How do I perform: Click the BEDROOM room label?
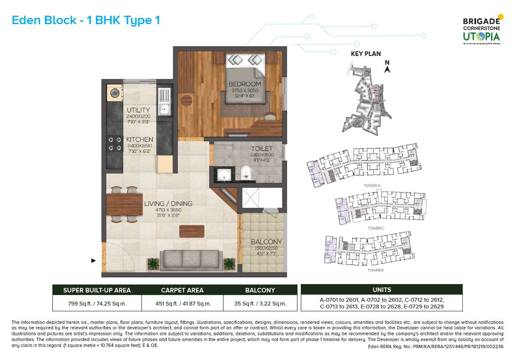coord(245,84)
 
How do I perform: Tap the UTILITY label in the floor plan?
coord(138,110)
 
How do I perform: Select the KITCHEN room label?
coord(139,140)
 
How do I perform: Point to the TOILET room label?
coord(261,149)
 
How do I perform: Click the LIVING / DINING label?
coord(168,204)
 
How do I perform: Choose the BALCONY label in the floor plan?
coord(266,242)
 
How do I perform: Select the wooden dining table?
coord(124,205)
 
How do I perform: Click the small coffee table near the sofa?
coord(192,231)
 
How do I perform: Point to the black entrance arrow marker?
coord(93,260)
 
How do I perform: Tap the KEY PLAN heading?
coord(365,53)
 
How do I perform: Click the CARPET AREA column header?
coord(182,290)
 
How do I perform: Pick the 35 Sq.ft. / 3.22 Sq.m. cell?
coord(260,303)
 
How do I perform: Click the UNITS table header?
coord(381,290)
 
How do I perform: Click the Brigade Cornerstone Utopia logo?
coord(481,30)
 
